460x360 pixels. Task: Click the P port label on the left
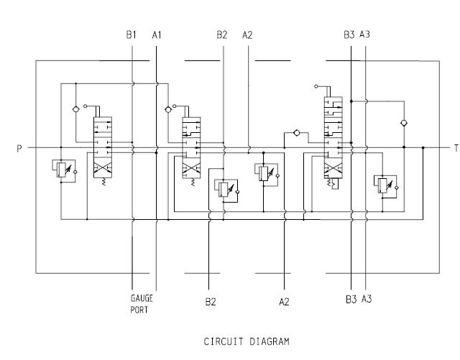tap(20, 149)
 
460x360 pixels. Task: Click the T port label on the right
tap(455, 149)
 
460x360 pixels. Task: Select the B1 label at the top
tap(131, 34)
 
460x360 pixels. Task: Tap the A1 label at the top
tap(157, 34)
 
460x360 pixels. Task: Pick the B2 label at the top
tap(222, 34)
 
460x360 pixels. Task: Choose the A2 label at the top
tap(248, 34)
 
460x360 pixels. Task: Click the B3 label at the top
tap(349, 34)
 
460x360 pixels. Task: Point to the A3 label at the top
tap(366, 34)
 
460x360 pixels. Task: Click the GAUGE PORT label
tap(142, 304)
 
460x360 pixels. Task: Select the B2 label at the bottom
tap(210, 302)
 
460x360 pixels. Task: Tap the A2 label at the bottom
tap(284, 302)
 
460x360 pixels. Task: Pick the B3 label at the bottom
tap(351, 298)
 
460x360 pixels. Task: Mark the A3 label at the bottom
tap(367, 298)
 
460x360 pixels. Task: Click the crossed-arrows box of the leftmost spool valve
tap(101, 170)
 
